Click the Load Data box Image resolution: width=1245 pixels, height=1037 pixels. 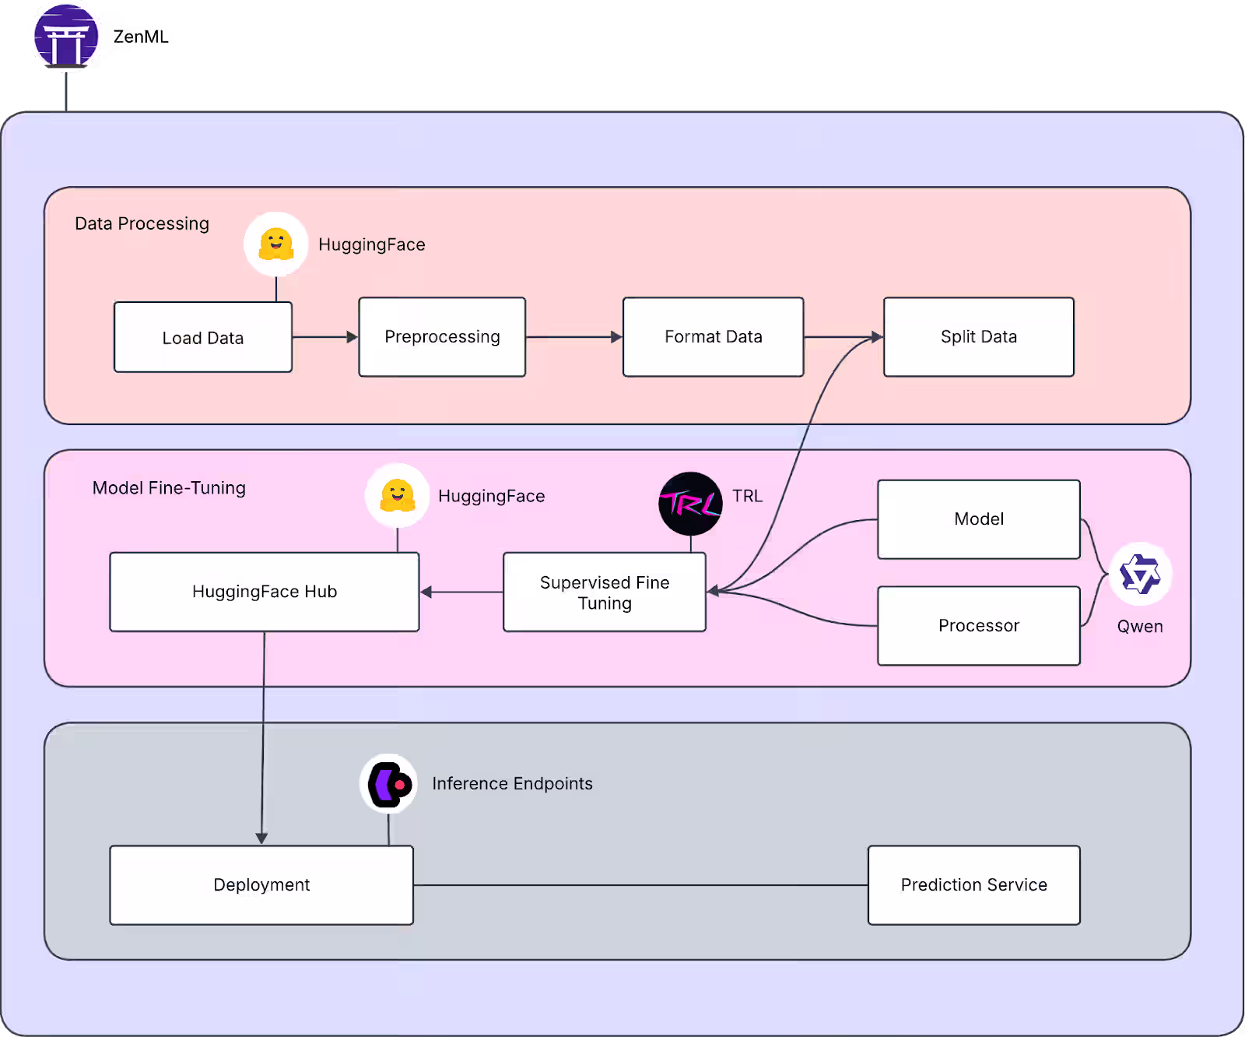pos(203,337)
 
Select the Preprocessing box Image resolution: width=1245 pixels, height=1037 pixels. pos(442,337)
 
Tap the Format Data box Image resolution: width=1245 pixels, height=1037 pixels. pos(713,337)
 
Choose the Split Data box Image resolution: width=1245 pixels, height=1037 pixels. pos(978,337)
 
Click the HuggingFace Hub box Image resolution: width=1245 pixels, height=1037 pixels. pos(265,592)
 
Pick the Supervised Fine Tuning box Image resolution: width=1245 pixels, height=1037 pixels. pos(605,592)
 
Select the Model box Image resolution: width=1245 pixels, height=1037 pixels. pos(978,519)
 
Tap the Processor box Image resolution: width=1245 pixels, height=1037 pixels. pos(978,626)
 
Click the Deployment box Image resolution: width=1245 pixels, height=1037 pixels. pos(261,885)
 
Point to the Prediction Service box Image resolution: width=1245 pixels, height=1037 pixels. pos(973,885)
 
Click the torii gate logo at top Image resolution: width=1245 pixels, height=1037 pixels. pos(66,37)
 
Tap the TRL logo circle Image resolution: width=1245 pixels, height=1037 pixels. pos(690,504)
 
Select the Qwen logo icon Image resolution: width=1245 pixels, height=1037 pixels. pos(1140,575)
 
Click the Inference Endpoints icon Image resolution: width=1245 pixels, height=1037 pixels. pos(388,784)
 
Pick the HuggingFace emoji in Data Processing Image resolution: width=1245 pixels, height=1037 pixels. pos(275,244)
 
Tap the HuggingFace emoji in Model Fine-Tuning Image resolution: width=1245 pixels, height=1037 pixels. pos(397,496)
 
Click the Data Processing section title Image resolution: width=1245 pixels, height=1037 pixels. pos(142,224)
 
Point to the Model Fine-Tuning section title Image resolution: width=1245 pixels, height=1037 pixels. pos(169,488)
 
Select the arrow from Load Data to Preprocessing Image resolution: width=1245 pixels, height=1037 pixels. pos(324,337)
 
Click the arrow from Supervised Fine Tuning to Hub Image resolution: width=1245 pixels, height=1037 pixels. pos(461,592)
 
